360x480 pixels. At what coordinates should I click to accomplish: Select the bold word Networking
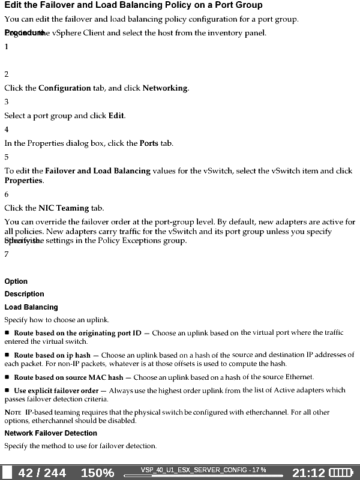[x=165, y=88]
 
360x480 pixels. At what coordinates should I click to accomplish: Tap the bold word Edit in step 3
[x=116, y=116]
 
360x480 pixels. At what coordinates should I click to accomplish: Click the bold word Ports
[x=149, y=143]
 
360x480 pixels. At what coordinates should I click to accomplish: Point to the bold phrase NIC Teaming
[x=64, y=208]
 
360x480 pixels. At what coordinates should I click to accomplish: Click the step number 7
[x=7, y=254]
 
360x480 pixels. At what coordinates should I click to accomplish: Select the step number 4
[x=7, y=130]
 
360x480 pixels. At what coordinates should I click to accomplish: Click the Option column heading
[x=16, y=281]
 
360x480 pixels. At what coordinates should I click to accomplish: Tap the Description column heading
[x=25, y=294]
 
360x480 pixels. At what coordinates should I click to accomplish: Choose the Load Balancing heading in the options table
[x=31, y=307]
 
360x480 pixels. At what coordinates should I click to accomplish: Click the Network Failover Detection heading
[x=50, y=433]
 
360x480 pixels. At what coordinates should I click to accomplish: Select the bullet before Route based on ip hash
[x=7, y=355]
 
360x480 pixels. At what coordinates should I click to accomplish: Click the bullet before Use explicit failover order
[x=7, y=391]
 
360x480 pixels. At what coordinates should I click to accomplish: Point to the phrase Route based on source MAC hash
[x=68, y=378]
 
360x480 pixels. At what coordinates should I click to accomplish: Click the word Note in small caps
[x=13, y=413]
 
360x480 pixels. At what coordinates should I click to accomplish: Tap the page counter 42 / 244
[x=42, y=473]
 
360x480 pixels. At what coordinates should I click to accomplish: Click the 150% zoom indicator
[x=97, y=473]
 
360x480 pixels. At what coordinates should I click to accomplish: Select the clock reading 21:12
[x=308, y=473]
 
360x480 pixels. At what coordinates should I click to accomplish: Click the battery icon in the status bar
[x=341, y=473]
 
